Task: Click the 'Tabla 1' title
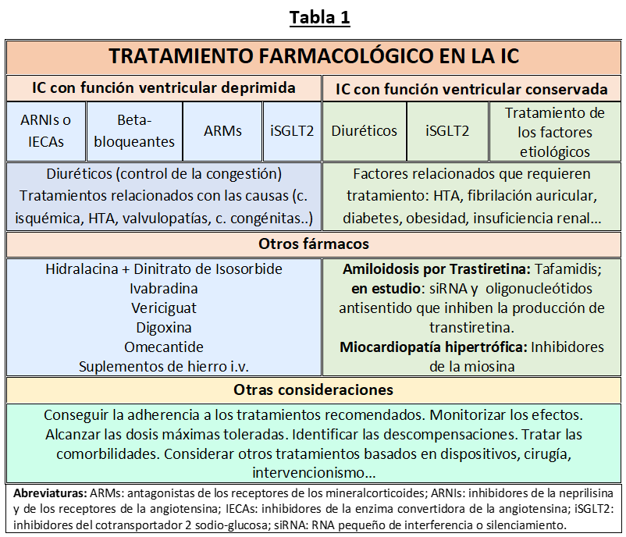319,18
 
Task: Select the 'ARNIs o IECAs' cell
45,130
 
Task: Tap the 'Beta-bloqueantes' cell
134,130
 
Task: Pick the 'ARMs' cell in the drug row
222,130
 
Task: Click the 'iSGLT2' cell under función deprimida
292,130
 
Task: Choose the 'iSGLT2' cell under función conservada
447,130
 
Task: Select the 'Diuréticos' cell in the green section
364,130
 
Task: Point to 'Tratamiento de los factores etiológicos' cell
554,132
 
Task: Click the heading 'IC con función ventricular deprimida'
163,87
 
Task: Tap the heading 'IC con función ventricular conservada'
471,88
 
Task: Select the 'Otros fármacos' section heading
314,244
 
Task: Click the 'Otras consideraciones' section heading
314,389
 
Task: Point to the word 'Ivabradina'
163,288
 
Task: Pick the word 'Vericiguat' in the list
163,308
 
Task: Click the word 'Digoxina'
163,327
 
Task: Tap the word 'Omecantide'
163,347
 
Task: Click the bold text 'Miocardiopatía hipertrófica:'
433,347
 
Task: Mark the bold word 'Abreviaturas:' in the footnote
50,494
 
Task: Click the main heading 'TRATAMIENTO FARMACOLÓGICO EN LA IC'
314,57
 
